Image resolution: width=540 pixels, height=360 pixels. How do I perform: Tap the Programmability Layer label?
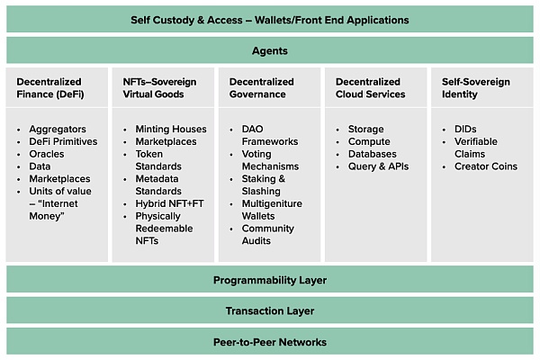tap(269, 280)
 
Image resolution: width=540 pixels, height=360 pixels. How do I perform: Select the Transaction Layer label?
tap(269, 311)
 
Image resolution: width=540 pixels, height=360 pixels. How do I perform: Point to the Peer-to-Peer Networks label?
tap(269, 342)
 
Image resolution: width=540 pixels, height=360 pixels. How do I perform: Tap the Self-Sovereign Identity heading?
tap(475, 88)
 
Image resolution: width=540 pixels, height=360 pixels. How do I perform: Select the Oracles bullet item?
tap(47, 154)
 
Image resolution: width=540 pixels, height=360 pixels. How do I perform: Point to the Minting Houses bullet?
tap(170, 130)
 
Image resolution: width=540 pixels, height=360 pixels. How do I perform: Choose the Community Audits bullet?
tap(268, 235)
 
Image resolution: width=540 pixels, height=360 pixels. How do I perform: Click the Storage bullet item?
tap(365, 130)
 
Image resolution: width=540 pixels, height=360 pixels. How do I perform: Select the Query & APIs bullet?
tap(377, 166)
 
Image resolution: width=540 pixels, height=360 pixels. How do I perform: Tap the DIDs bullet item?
tap(465, 130)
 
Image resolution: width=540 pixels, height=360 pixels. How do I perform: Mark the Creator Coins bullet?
tap(486, 166)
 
